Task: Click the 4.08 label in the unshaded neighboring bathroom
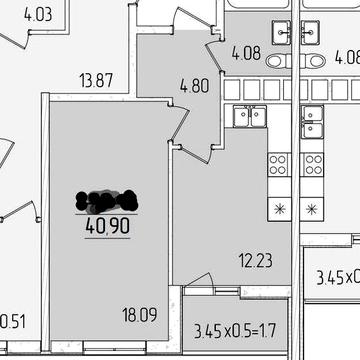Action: point(348,56)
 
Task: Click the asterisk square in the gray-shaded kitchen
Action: point(278,208)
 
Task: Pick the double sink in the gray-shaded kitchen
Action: point(249,117)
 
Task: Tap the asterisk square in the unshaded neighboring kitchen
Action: point(314,208)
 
